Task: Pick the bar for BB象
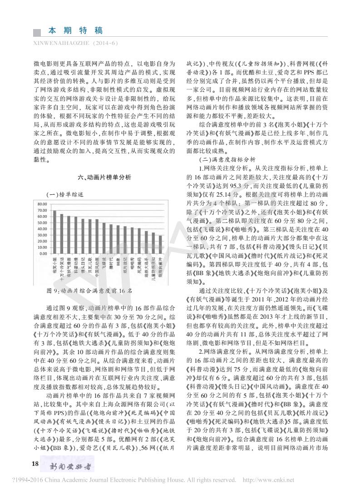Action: [118, 240]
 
